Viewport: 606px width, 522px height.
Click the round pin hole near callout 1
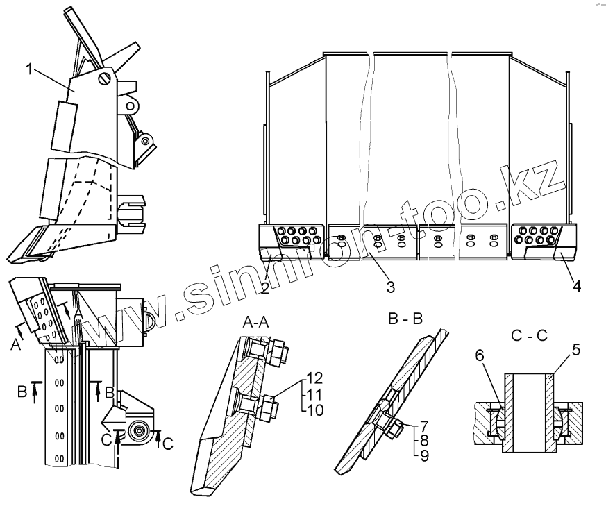(x=105, y=78)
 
